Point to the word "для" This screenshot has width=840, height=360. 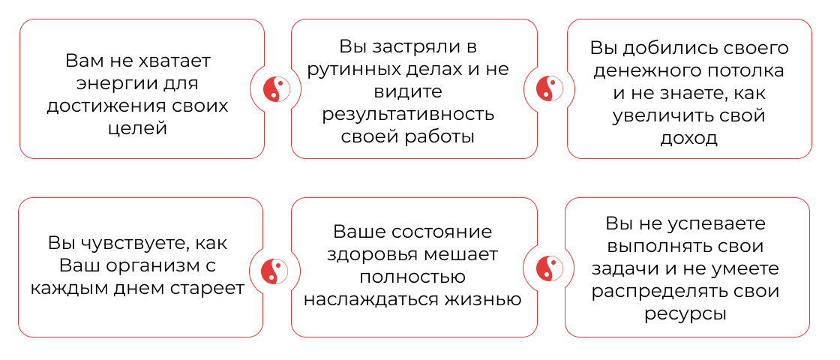click(184, 83)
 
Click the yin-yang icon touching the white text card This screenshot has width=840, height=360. click(275, 89)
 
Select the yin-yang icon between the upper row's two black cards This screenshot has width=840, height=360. click(549, 89)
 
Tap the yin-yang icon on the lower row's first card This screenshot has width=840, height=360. click(275, 270)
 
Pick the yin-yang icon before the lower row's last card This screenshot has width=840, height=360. click(549, 268)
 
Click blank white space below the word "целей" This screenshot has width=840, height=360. click(141, 148)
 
